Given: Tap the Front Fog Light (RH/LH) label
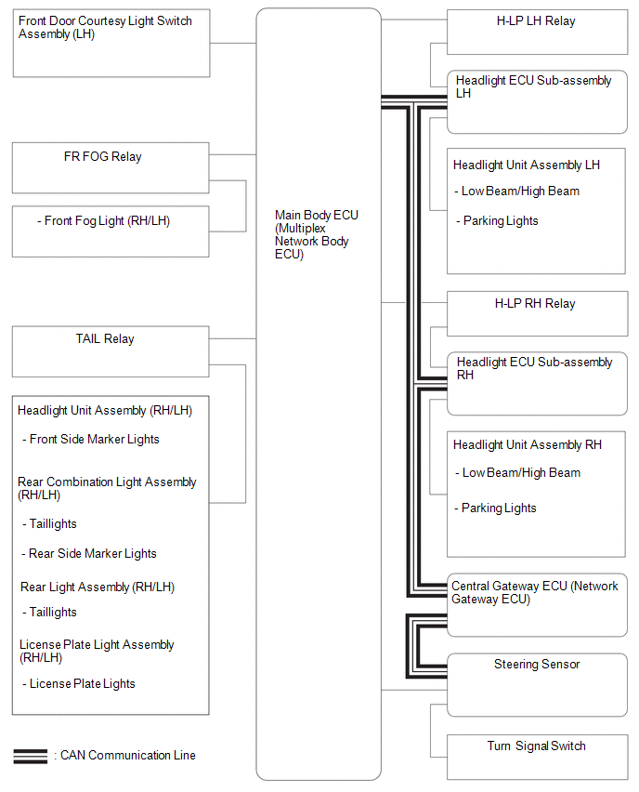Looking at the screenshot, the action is pos(103,221).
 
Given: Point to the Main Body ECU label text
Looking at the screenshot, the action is pos(317,234).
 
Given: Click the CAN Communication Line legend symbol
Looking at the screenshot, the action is pos(31,756).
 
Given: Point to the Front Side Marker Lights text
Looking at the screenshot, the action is pos(91,440).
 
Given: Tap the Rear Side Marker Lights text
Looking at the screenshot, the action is pos(89,554).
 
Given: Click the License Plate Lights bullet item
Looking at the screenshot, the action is pos(79,684).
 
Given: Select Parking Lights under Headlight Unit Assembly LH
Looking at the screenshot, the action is pos(497,221).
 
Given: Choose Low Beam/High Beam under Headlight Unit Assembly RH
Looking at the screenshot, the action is pos(518,473).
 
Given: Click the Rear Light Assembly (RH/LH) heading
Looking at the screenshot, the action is pos(98,587).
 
